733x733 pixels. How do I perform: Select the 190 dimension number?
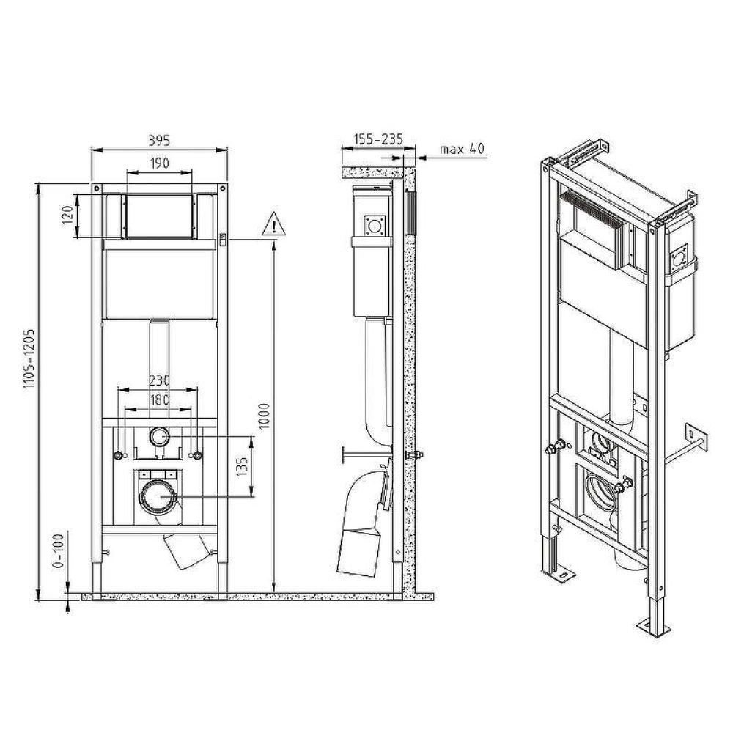[160, 163]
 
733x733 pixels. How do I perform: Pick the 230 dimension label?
[159, 380]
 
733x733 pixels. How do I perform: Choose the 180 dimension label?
[159, 399]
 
